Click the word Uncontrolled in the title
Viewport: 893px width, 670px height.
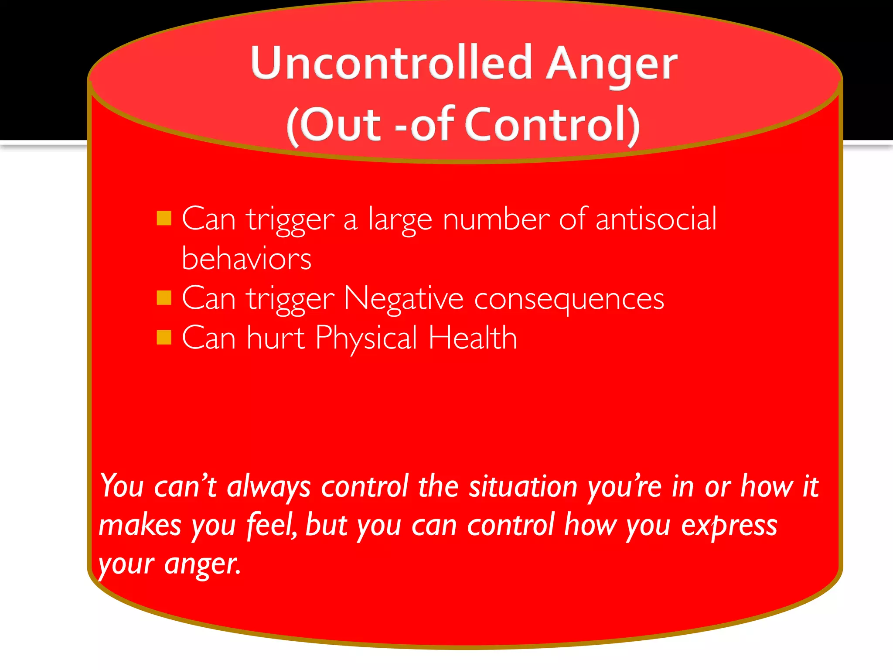click(391, 63)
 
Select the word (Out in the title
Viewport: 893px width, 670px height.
click(334, 125)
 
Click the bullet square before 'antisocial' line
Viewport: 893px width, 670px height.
click(164, 218)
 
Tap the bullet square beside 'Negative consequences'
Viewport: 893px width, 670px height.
click(164, 298)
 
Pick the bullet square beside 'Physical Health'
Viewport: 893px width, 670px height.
click(164, 337)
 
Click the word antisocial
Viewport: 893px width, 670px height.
click(655, 219)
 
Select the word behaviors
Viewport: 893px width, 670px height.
click(246, 259)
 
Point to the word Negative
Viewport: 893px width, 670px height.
click(403, 299)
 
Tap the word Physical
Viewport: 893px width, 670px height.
click(366, 339)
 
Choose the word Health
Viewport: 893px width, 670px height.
click(473, 338)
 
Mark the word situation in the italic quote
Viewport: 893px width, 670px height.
click(523, 486)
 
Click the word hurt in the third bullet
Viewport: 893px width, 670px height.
click(276, 338)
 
